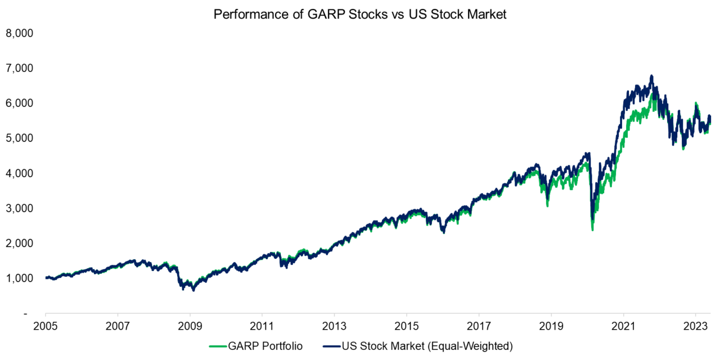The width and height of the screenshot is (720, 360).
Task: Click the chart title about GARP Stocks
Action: click(x=360, y=15)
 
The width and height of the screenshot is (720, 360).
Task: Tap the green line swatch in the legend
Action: click(x=218, y=346)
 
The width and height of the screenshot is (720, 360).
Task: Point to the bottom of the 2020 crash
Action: click(x=592, y=229)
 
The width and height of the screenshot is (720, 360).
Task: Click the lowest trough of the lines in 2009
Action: click(x=193, y=290)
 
